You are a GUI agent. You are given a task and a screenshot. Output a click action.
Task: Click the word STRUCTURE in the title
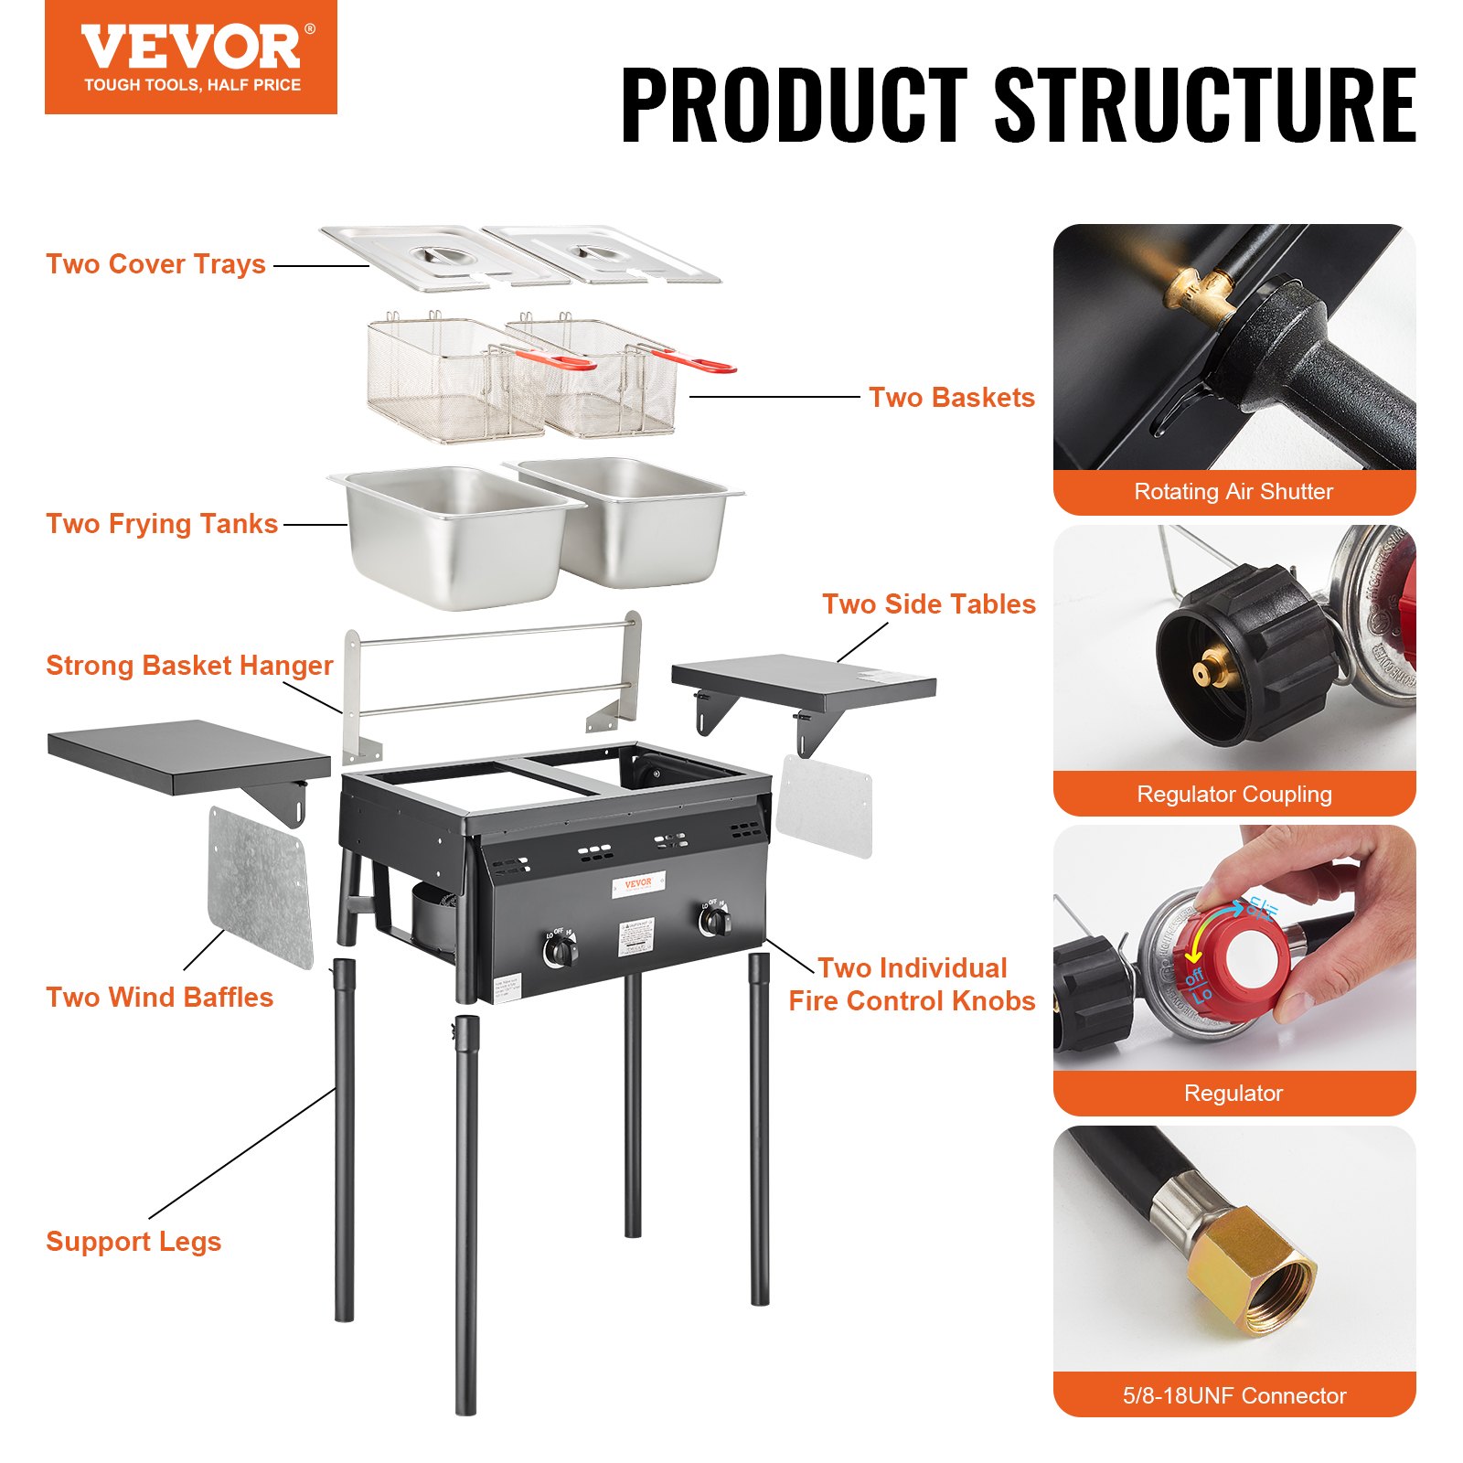click(x=1204, y=105)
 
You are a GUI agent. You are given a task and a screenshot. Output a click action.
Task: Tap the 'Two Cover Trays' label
click(x=155, y=264)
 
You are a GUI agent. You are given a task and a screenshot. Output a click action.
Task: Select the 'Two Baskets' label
click(x=951, y=398)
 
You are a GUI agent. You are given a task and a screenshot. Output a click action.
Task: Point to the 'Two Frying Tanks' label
click(x=162, y=524)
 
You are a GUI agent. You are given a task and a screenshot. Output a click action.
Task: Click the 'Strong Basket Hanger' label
click(x=189, y=666)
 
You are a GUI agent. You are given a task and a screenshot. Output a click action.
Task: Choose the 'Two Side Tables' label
click(x=928, y=604)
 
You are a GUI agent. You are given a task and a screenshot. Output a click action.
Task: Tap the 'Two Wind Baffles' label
click(x=160, y=998)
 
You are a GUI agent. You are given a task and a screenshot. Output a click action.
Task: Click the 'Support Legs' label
click(x=133, y=1242)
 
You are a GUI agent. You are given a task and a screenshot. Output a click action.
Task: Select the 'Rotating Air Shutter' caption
click(x=1233, y=492)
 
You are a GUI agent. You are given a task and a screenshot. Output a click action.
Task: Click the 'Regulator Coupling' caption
click(x=1233, y=794)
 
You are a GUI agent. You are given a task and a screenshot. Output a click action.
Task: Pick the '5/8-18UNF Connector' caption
click(x=1233, y=1395)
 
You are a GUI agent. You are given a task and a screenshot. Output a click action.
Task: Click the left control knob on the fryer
click(x=560, y=952)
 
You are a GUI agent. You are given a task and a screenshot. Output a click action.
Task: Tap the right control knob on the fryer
click(x=714, y=922)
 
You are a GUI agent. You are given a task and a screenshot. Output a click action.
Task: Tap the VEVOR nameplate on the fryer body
click(x=638, y=883)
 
